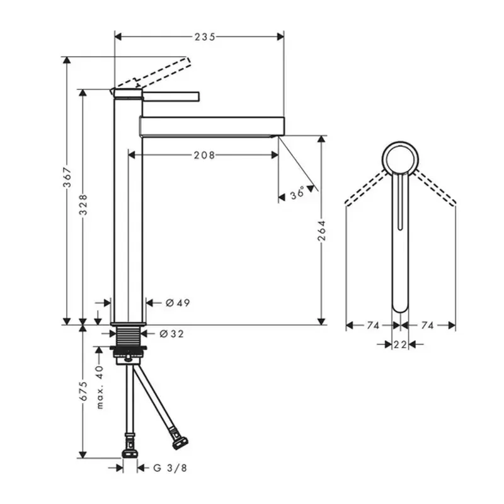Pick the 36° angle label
point(298,195)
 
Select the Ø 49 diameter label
point(178,303)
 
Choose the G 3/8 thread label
point(169,467)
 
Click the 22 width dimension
point(400,344)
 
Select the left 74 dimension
point(373,326)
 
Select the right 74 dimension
point(428,326)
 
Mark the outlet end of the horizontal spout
point(277,125)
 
